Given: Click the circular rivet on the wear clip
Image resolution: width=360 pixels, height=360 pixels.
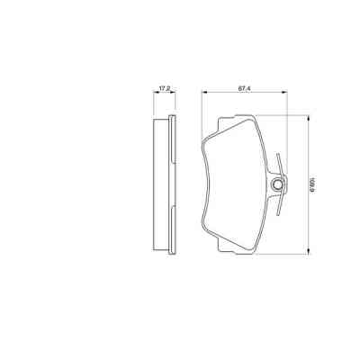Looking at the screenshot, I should coord(277,186).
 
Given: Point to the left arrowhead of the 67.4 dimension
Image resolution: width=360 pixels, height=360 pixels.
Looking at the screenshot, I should coord(203,94).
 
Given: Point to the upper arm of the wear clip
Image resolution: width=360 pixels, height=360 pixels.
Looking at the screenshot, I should coord(283,164).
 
